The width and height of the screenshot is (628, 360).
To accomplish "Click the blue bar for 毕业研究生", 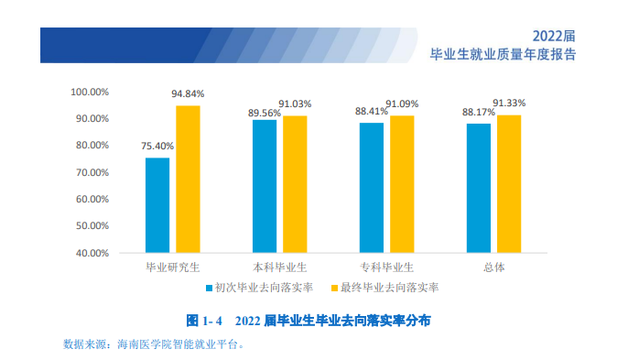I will [157, 205].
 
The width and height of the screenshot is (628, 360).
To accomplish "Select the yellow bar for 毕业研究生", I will [188, 179].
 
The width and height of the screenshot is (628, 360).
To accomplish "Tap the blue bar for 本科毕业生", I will [265, 186].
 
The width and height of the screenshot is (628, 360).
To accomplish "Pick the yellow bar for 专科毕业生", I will [402, 183].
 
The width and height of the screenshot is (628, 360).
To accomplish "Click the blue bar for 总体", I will [479, 188].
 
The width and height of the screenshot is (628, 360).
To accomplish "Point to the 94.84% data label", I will [188, 93].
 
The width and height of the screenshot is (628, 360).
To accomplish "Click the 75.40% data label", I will [157, 146].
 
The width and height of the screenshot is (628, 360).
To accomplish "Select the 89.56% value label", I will [265, 112].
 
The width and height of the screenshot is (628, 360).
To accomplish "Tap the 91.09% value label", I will [403, 104].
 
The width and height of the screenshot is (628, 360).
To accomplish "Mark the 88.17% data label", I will [478, 112].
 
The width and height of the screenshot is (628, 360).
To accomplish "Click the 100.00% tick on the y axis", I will [90, 93].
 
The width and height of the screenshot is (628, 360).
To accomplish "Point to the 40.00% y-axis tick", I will [92, 253].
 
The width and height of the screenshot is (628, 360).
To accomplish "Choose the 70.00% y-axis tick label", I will [92, 172].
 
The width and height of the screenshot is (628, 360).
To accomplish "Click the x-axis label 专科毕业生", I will [386, 267].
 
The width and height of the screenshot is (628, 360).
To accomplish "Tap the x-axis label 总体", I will [493, 267].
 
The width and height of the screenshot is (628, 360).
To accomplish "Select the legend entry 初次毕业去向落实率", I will [264, 288].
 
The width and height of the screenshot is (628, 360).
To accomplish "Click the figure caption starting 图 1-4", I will [309, 321].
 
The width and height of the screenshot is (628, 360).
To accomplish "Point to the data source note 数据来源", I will [153, 344].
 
